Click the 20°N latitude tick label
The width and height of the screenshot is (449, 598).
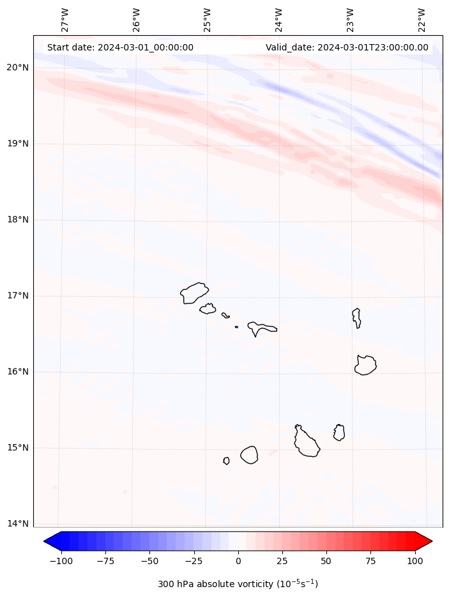[x=17, y=68]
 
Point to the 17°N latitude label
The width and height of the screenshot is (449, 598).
[x=17, y=296]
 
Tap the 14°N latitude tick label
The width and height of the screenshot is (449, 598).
[x=17, y=524]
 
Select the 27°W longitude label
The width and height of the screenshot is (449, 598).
[x=65, y=20]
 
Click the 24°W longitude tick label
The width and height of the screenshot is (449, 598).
[x=279, y=20]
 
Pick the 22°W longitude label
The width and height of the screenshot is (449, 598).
[x=422, y=20]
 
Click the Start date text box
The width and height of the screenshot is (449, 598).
[x=120, y=47]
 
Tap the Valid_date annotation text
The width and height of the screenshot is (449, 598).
[x=347, y=47]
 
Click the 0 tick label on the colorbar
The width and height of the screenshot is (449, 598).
[x=238, y=561]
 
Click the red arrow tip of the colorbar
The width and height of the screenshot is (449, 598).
[x=425, y=541]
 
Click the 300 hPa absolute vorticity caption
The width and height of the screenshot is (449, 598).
[x=238, y=584]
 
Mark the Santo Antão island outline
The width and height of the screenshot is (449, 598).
[x=194, y=293]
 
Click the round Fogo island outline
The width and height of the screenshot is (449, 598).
[x=249, y=454]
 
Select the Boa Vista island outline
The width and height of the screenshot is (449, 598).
[x=365, y=365]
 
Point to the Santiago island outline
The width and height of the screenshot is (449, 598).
[x=306, y=442]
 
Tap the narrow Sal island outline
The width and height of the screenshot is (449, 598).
[x=356, y=318]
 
